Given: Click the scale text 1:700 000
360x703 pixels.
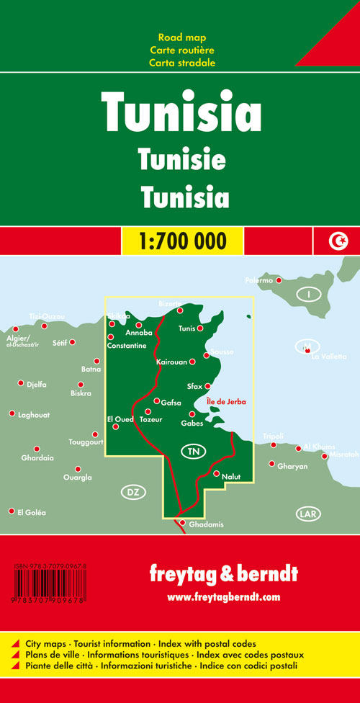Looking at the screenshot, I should tap(182, 240).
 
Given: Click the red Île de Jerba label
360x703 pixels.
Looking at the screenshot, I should tap(225, 401).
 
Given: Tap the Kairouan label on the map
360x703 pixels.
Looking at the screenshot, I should tap(171, 362).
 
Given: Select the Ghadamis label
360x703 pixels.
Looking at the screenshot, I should tap(206, 524).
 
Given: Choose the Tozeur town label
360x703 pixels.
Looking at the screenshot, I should tap(152, 419).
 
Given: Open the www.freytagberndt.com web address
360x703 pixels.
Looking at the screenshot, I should tap(223, 597).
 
